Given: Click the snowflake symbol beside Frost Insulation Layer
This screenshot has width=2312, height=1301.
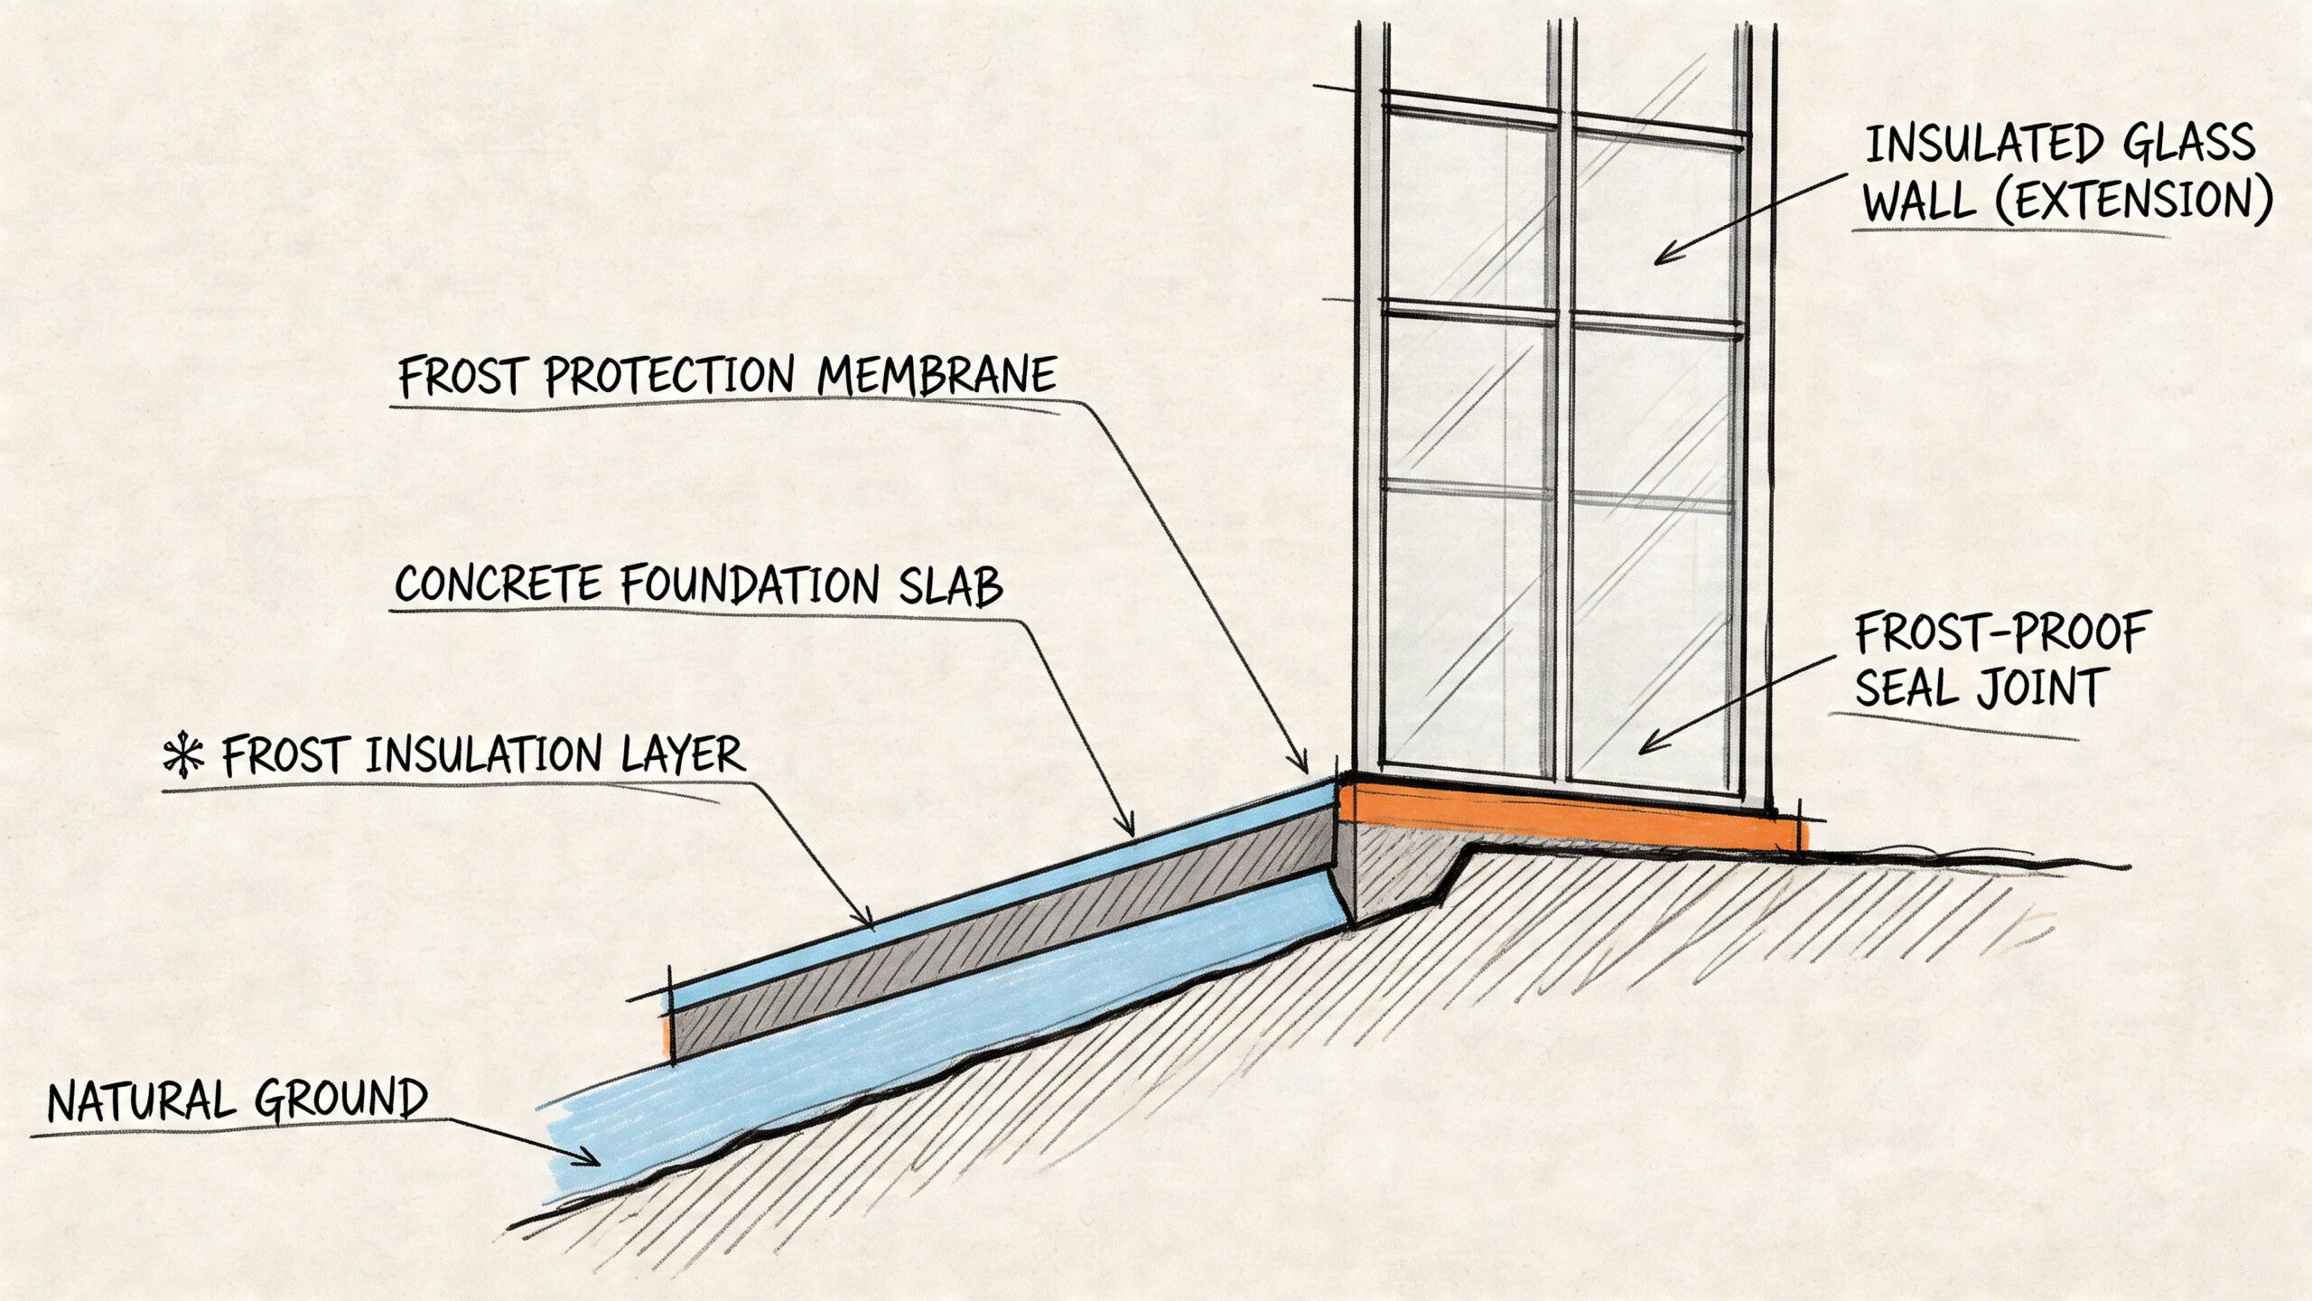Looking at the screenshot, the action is (x=183, y=757).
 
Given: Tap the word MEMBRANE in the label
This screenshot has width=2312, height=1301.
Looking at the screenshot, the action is (x=936, y=375).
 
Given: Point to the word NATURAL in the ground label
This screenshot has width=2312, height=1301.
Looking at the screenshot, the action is (x=140, y=1102).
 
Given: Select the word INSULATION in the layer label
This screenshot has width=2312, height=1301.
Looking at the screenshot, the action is (x=483, y=754).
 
